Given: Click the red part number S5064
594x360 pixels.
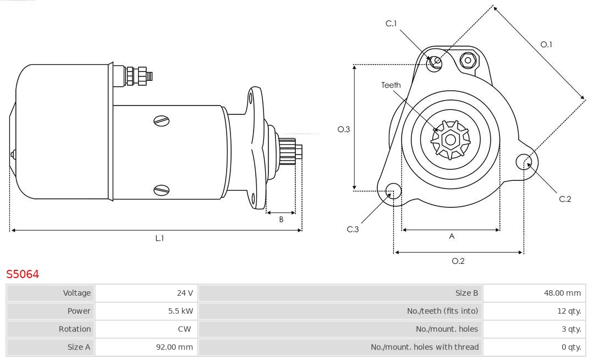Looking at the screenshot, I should click(23, 274).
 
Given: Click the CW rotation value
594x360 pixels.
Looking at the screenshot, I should click(186, 329).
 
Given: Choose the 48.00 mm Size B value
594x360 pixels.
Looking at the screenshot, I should click(562, 293).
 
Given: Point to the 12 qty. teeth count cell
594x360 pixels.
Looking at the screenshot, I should click(569, 311).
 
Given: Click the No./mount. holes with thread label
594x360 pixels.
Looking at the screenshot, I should click(425, 347).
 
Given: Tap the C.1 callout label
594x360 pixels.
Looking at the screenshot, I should click(391, 24).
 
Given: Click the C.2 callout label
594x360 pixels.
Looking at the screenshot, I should click(565, 199).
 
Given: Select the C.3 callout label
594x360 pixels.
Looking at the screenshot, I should click(353, 229).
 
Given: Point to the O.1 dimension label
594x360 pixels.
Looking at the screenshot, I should click(546, 45).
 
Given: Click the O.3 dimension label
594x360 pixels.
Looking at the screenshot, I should click(344, 129).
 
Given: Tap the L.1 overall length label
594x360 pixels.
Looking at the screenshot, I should click(159, 239).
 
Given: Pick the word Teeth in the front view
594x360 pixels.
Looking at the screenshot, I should click(391, 85).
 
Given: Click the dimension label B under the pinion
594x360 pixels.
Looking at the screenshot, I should click(281, 219).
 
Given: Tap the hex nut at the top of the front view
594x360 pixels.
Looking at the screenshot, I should click(468, 60).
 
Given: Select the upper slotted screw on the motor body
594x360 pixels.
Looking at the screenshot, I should click(162, 120).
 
